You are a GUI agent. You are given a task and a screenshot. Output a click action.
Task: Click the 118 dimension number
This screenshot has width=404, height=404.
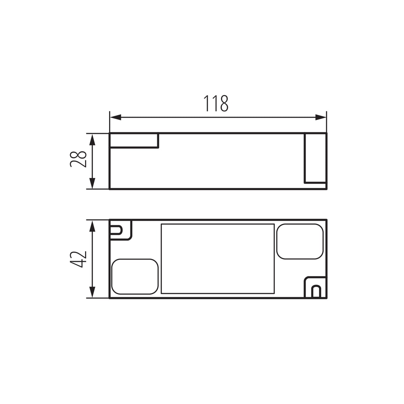pos(216,103)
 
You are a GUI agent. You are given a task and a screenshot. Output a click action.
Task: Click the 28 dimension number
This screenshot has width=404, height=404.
pos(78,159)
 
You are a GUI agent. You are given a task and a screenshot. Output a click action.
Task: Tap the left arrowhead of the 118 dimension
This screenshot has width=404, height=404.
pos(115,117)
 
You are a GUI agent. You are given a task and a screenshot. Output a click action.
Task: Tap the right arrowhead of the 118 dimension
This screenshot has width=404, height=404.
pos(321,117)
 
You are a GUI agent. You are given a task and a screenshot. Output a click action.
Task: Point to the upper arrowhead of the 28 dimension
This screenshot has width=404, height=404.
pos(92,140)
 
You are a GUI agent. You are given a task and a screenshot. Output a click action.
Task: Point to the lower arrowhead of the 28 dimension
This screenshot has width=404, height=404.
pos(92,183)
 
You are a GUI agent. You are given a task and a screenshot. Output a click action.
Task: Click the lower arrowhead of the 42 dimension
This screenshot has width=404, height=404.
pos(92,292)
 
